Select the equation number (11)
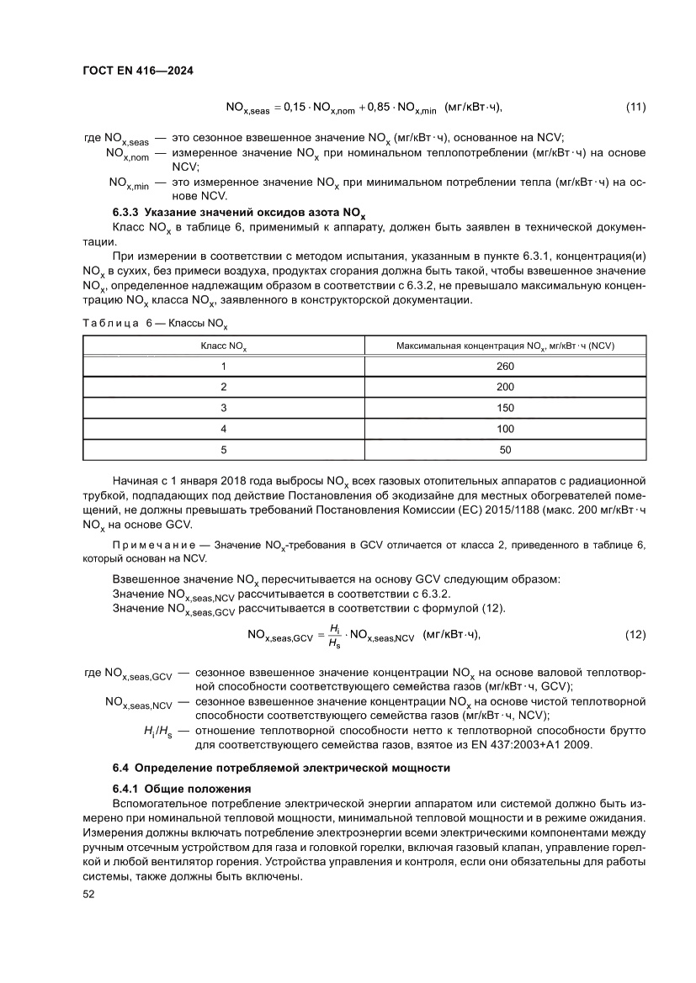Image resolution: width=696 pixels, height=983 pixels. (635, 107)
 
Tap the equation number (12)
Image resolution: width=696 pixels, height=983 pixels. (635, 635)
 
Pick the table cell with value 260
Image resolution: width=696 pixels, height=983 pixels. (505, 366)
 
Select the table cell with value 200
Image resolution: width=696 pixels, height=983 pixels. (505, 387)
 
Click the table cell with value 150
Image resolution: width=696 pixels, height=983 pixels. (505, 408)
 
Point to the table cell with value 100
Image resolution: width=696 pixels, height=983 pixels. (505, 429)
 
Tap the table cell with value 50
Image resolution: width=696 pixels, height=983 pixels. (505, 450)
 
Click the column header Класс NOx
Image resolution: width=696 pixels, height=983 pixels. (223, 346)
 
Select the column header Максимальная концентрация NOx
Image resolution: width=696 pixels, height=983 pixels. (505, 346)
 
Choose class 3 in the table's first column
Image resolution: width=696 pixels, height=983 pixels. (224, 408)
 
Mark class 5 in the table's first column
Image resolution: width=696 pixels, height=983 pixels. (224, 450)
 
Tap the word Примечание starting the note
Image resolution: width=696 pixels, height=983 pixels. (148, 547)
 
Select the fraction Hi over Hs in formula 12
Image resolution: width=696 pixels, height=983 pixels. (334, 636)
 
